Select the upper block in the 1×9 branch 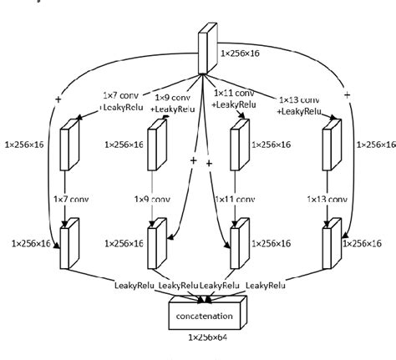pos(153,144)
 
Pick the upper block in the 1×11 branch pos(238,144)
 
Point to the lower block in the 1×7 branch pos(69,242)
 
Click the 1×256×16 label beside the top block pos(247,52)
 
